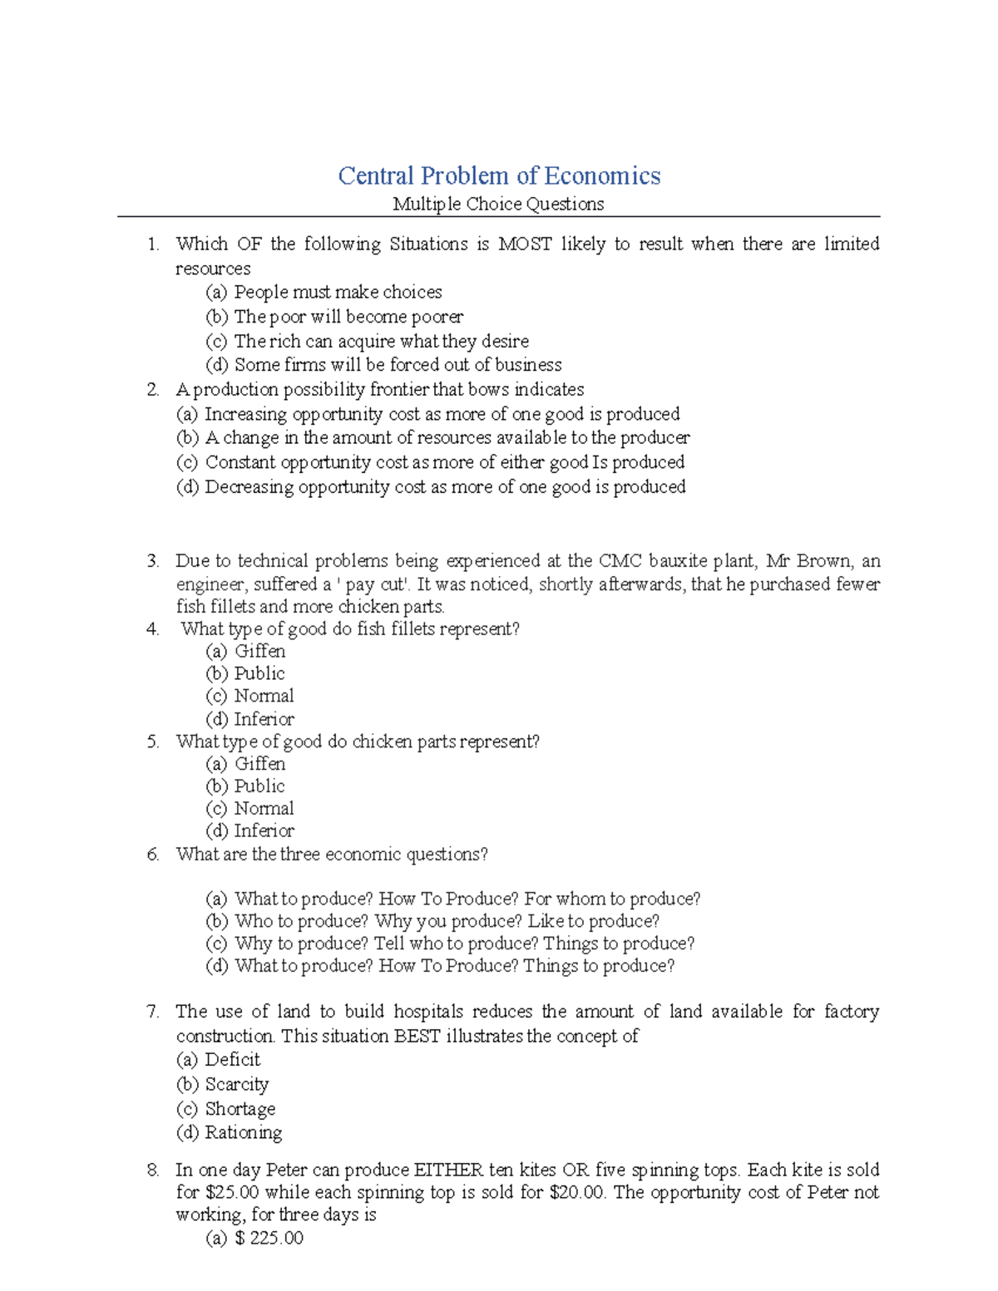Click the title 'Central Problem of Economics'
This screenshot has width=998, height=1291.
tap(499, 176)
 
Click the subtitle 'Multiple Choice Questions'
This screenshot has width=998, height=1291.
tap(498, 204)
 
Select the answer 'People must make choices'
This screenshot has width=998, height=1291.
tap(338, 293)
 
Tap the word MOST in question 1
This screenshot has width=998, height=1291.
tap(524, 244)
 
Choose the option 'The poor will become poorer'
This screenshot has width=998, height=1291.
tap(348, 317)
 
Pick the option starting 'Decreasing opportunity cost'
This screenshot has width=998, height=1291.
tap(445, 487)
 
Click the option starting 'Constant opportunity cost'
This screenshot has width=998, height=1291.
tap(445, 462)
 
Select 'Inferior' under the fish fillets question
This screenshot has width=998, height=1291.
tap(264, 719)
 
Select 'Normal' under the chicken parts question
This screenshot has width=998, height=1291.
tap(264, 809)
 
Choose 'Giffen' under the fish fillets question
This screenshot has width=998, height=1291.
tap(259, 652)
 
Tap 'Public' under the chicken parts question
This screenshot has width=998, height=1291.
tap(259, 786)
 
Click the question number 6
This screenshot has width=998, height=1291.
tap(152, 855)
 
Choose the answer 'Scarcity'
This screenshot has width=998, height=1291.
tap(236, 1085)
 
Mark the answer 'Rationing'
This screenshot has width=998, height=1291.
tap(243, 1133)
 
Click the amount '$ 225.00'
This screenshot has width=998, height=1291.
tap(269, 1239)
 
